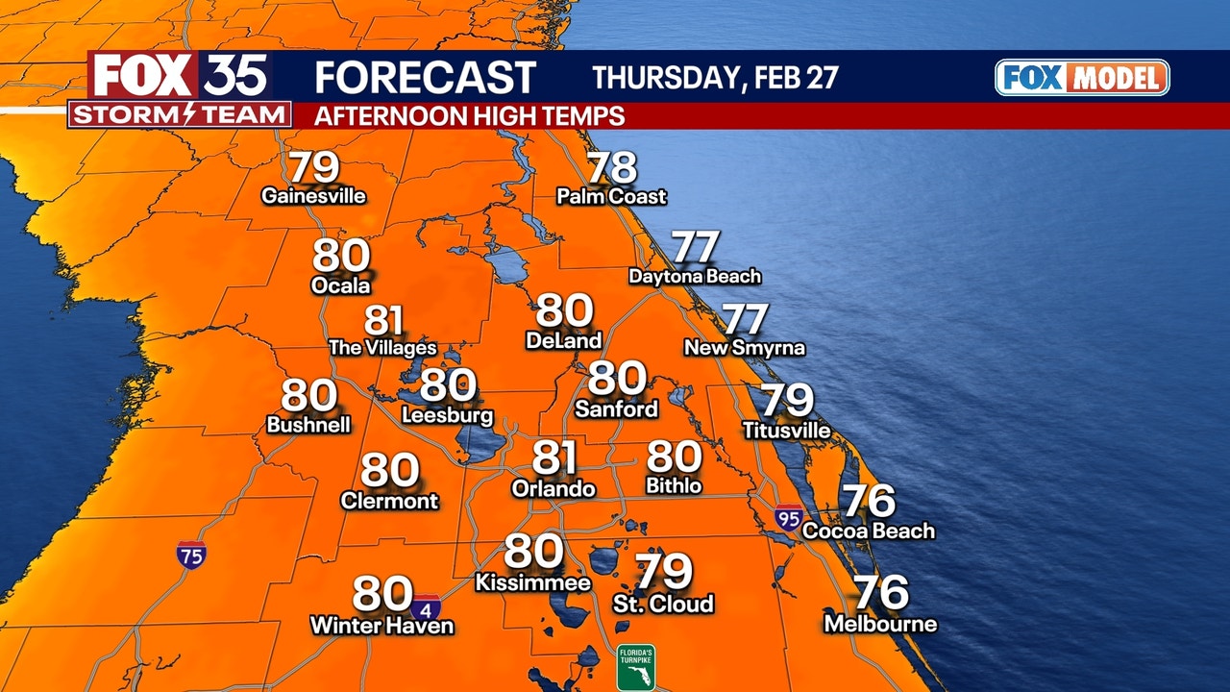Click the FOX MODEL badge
pos(1082,78)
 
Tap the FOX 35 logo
pos(180,76)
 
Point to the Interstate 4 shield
pos(427,607)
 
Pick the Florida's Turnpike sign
pos(636,667)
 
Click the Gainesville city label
pos(314,196)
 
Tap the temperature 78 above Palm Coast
pos(612,168)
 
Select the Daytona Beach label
pos(695,277)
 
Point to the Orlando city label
pos(553,488)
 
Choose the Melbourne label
pos(880,625)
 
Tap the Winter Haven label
pos(381,626)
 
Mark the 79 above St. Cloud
pos(664,573)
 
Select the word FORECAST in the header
pos(425,77)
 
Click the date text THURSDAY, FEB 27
pos(715,78)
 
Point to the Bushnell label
pos(308,425)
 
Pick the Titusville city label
pos(787,431)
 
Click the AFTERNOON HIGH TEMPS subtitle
pos(470,116)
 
